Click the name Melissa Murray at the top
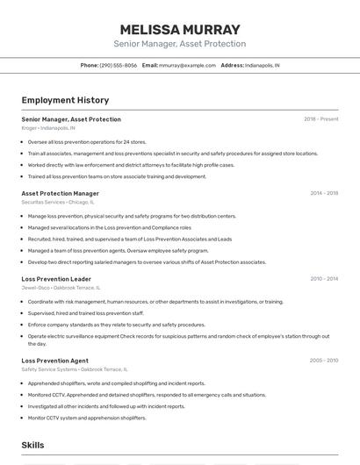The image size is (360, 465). pos(179,28)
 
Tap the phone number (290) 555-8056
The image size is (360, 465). pos(119,65)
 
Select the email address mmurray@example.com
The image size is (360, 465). pos(187,65)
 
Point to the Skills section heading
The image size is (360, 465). pos(33,446)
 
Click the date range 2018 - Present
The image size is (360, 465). pos(320,119)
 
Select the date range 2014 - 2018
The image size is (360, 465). pos(324,193)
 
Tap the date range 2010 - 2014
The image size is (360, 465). pos(324,279)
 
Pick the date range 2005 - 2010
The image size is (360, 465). pos(324,361)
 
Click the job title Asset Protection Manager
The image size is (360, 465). pos(60,193)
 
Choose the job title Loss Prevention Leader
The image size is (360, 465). pos(56,279)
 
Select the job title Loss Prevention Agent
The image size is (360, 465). pos(54,361)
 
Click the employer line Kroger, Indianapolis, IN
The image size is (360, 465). pos(48,128)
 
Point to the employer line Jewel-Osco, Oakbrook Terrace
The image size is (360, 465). pos(61,288)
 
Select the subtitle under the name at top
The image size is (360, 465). pos(179,44)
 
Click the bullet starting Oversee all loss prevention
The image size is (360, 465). pos(87,141)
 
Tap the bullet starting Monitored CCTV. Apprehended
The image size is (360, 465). pos(147,395)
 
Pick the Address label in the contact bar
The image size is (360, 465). pos(232,65)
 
